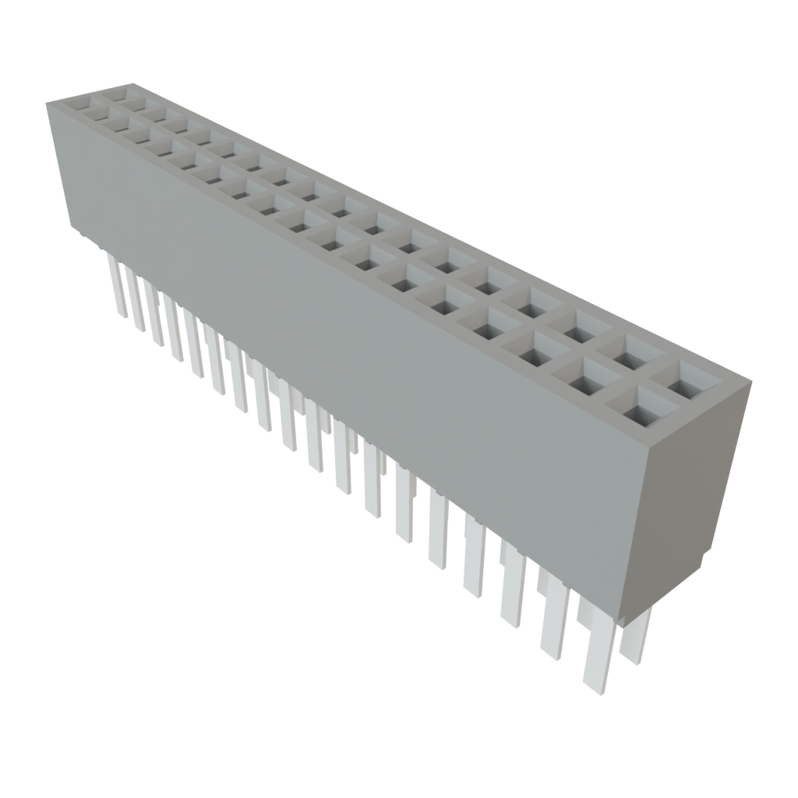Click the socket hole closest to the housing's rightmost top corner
click(x=685, y=380)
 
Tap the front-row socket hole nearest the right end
click(x=638, y=408)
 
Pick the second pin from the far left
click(x=136, y=304)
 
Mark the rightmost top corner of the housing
click(x=752, y=381)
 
